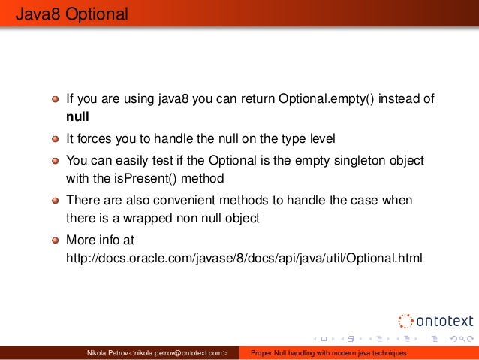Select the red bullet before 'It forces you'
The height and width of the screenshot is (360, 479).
pyautogui.click(x=56, y=139)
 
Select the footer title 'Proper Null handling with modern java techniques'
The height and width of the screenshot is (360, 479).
pyautogui.click(x=328, y=353)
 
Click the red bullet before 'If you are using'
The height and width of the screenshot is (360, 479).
pyautogui.click(x=56, y=100)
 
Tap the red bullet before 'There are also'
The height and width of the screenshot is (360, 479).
pyautogui.click(x=56, y=201)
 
